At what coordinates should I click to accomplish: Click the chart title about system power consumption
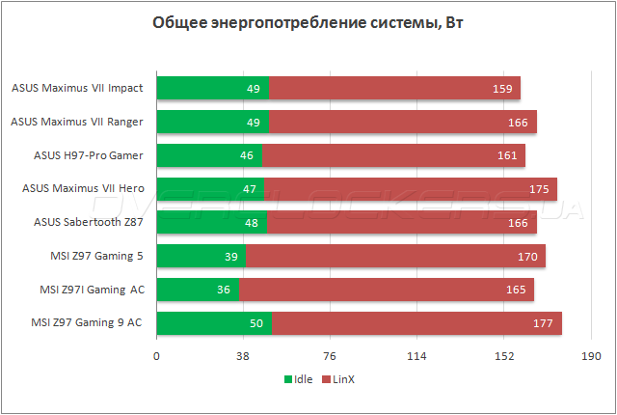(308, 23)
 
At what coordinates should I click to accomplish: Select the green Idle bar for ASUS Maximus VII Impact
(212, 88)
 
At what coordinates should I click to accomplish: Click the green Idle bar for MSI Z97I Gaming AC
(197, 290)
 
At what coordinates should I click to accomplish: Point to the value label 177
(542, 322)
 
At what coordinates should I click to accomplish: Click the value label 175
(538, 188)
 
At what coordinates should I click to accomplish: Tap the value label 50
(256, 322)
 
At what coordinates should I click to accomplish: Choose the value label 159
(501, 89)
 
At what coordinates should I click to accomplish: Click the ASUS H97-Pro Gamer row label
(89, 154)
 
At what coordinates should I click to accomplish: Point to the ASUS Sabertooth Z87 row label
(89, 222)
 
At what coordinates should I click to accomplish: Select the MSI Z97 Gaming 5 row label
(95, 256)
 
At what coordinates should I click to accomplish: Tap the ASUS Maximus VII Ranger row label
(77, 122)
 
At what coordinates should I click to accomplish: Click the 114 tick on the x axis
(417, 356)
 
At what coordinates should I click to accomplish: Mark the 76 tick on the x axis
(330, 356)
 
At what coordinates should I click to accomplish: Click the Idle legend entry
(298, 379)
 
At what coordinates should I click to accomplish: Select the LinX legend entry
(337, 379)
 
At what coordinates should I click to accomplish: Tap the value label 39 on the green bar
(232, 256)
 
